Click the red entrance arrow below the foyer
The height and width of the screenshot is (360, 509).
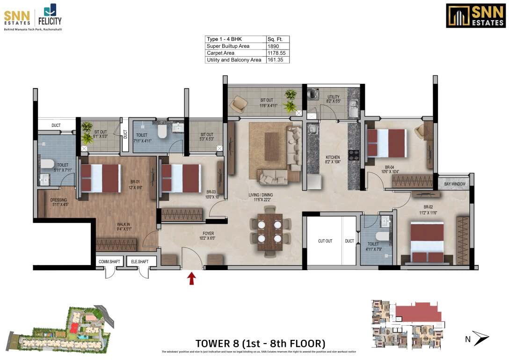click(x=191, y=279)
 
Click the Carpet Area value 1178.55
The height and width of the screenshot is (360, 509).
click(x=275, y=53)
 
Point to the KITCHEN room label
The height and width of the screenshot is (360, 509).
click(x=333, y=158)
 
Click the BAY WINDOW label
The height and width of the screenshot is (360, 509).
click(x=455, y=184)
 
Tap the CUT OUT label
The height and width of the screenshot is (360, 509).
click(x=325, y=241)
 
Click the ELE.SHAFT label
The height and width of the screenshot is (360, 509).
click(x=139, y=262)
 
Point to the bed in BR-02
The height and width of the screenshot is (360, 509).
click(x=427, y=242)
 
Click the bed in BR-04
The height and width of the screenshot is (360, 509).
click(x=386, y=143)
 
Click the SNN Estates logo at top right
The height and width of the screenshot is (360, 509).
click(x=475, y=16)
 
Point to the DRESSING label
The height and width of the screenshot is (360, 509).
click(x=58, y=200)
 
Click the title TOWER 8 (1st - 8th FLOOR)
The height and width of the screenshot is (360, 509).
click(x=259, y=343)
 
